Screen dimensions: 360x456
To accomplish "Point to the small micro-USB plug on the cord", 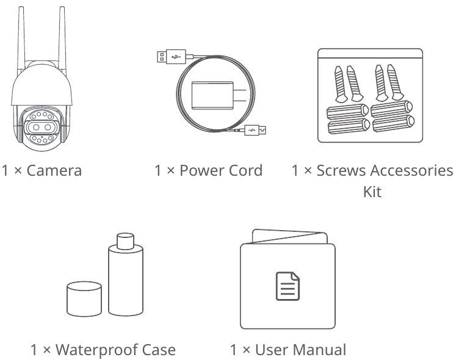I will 256,129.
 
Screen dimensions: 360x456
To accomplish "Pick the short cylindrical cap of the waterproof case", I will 84,298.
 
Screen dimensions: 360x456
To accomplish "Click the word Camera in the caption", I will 54,170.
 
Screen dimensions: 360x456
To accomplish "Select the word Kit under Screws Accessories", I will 372,192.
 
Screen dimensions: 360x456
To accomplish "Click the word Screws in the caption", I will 340,170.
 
